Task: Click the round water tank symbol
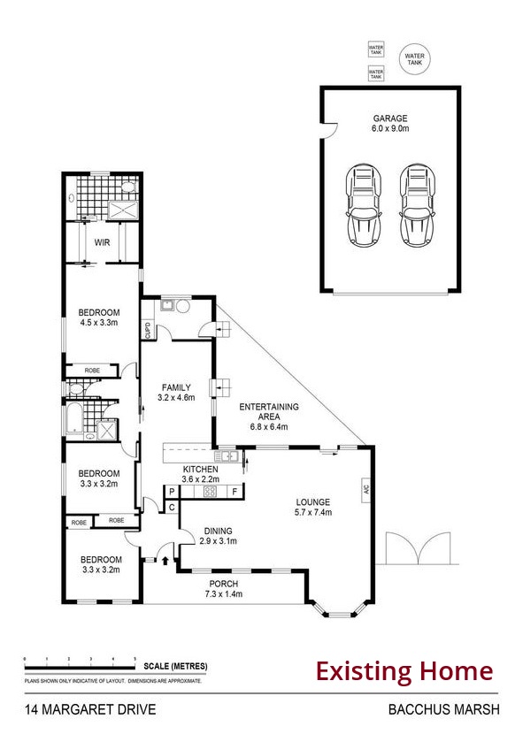(x=414, y=58)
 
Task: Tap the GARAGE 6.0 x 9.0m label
(x=390, y=123)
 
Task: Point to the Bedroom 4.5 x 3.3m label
(x=99, y=317)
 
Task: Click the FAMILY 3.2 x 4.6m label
(x=177, y=393)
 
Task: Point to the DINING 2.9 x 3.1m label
(x=218, y=536)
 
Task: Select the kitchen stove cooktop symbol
(x=211, y=492)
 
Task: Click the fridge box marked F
(x=235, y=492)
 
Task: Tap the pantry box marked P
(x=172, y=492)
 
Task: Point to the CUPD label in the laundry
(x=148, y=331)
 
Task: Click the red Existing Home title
(x=404, y=671)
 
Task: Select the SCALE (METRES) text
(x=173, y=667)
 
